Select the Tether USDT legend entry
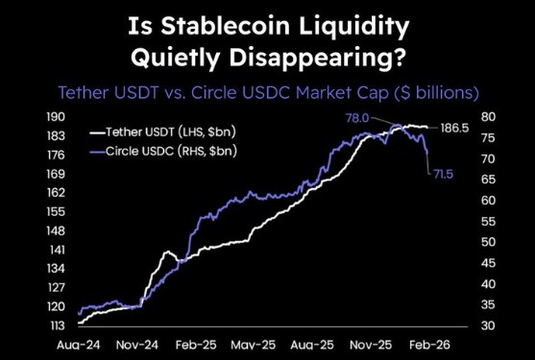162,132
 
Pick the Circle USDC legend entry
162,151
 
